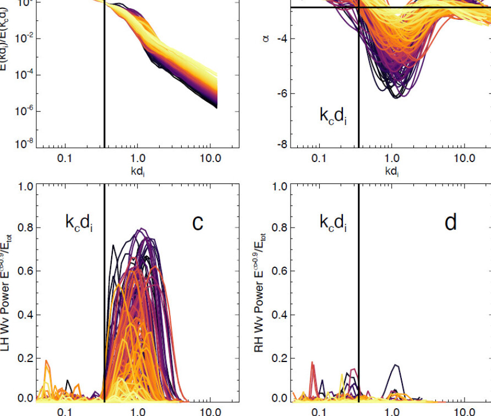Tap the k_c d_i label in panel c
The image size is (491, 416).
79,223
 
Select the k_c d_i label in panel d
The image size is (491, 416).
333,223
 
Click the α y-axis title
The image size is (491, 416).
266,39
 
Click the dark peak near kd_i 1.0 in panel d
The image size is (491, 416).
395,365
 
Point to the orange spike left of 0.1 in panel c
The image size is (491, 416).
46,361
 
